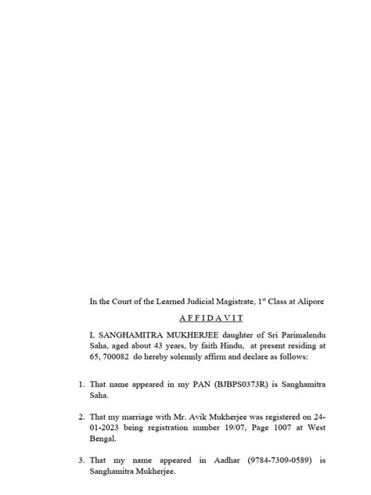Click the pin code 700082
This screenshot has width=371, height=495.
(123, 356)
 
